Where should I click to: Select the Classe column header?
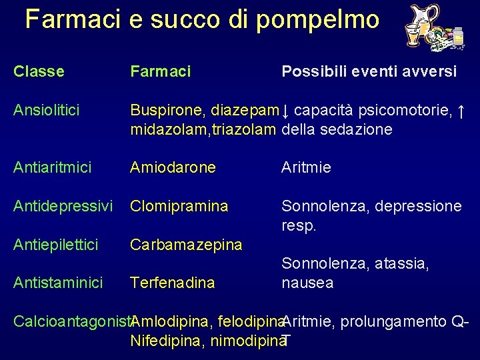[x=39, y=71]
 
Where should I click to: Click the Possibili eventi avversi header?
[x=369, y=71]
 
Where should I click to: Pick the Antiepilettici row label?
[x=55, y=245]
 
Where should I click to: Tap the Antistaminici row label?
[x=58, y=283]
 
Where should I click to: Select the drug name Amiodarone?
[x=173, y=167]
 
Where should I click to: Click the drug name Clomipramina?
[x=179, y=206]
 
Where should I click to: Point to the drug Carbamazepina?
[x=186, y=245]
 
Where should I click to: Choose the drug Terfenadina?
[x=172, y=283]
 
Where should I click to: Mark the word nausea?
[x=307, y=283]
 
